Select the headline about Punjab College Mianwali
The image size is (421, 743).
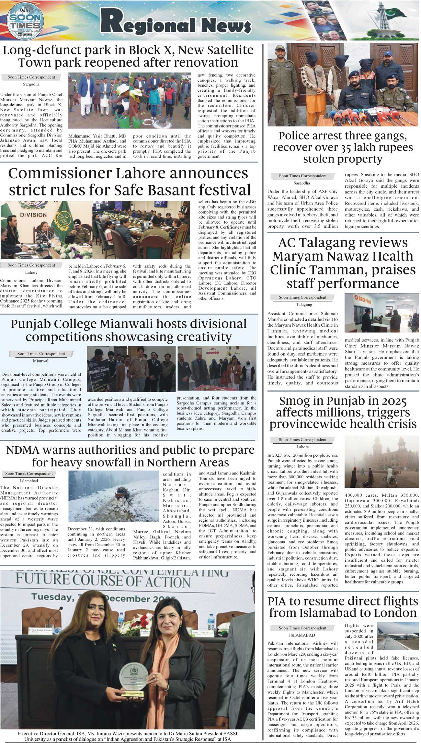click(x=129, y=330)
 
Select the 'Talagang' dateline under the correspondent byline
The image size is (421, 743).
click(x=304, y=305)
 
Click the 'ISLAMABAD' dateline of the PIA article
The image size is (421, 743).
click(x=302, y=635)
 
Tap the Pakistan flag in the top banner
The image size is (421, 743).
click(x=395, y=13)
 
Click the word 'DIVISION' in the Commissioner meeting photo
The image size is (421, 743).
click(x=33, y=214)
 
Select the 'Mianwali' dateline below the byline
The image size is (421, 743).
click(x=41, y=360)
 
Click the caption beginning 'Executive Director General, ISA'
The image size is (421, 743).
click(x=128, y=736)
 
